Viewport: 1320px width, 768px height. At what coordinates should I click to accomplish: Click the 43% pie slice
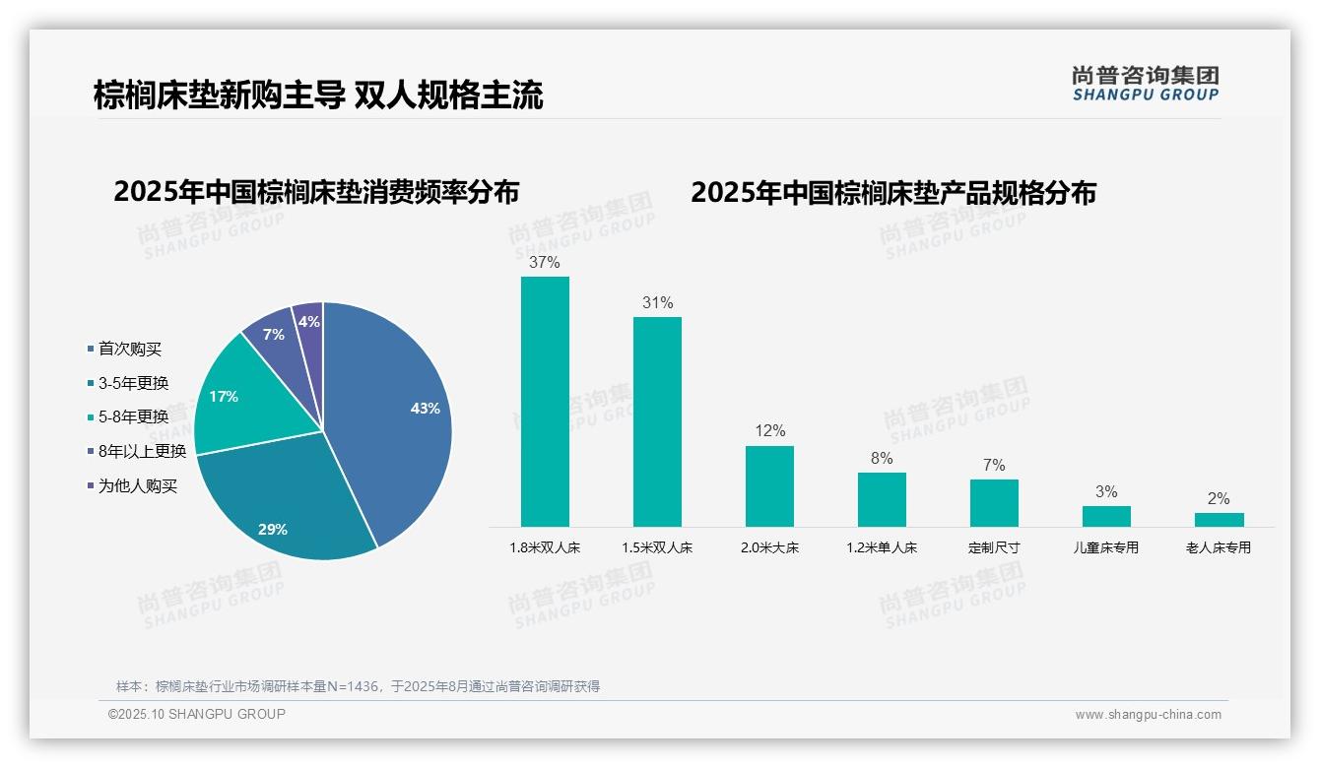(x=394, y=414)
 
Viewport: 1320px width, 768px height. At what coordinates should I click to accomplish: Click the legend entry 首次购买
(x=129, y=349)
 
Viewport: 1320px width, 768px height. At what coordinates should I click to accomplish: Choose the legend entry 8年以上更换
(x=142, y=451)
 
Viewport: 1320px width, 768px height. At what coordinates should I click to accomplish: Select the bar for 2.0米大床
(x=769, y=486)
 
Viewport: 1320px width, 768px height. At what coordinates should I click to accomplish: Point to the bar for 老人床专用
(x=1219, y=519)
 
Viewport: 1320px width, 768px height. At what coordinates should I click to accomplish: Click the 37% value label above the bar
(x=545, y=263)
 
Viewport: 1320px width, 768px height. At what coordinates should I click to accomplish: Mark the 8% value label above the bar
(x=882, y=459)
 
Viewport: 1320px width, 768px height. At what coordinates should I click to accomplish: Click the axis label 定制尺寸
(x=994, y=547)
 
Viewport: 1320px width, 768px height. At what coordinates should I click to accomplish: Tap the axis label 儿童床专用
(x=1106, y=547)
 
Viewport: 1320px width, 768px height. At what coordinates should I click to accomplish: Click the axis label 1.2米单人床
(x=882, y=547)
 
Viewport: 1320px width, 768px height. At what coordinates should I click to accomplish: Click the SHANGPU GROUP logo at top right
(x=1146, y=84)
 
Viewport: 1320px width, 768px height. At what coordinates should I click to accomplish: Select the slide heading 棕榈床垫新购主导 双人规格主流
(x=318, y=96)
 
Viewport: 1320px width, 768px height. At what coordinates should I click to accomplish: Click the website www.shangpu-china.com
(x=1148, y=715)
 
